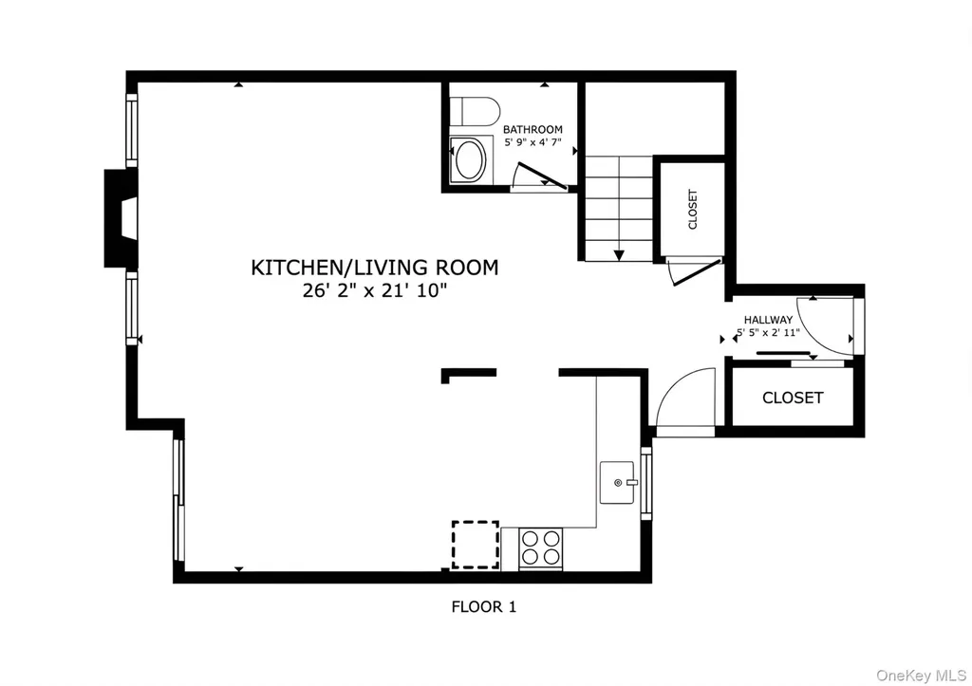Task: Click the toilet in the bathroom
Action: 475,112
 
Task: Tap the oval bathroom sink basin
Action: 471,160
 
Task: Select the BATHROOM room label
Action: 533,130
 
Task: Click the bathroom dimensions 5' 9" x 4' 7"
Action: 533,142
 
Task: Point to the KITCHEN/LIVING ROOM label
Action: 374,267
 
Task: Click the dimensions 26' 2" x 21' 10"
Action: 374,290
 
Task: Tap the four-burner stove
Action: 540,548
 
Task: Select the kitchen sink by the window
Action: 617,483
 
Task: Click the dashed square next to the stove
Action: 476,545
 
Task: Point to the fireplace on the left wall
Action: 121,218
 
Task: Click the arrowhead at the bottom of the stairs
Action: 619,255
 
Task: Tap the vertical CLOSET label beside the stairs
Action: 693,210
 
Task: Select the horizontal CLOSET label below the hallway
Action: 793,398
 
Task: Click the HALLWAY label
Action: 768,320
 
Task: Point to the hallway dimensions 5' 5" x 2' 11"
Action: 768,333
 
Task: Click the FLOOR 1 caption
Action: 483,606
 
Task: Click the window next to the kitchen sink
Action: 645,483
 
